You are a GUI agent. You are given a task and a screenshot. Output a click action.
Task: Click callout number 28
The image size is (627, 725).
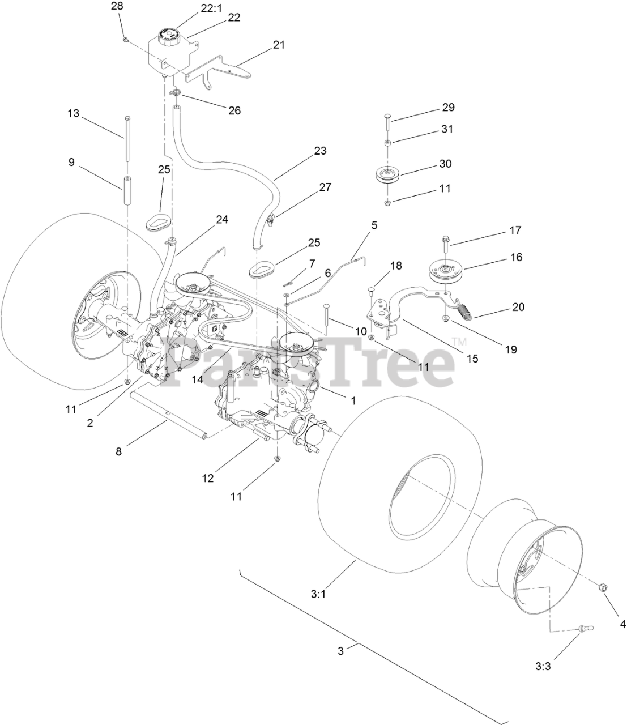click(117, 7)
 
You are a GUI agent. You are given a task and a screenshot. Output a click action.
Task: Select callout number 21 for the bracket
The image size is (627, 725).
click(278, 45)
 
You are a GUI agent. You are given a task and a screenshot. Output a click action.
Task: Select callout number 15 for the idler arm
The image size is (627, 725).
click(472, 358)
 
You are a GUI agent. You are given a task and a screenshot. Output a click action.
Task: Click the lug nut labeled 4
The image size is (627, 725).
click(604, 589)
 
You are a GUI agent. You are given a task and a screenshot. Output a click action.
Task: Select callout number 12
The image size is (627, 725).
click(208, 477)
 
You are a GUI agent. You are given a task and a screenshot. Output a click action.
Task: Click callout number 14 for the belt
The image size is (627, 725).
click(197, 380)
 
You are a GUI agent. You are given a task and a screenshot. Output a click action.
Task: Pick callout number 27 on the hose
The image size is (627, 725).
click(325, 187)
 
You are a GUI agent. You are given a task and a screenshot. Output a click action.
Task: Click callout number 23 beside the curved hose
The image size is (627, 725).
click(320, 151)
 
